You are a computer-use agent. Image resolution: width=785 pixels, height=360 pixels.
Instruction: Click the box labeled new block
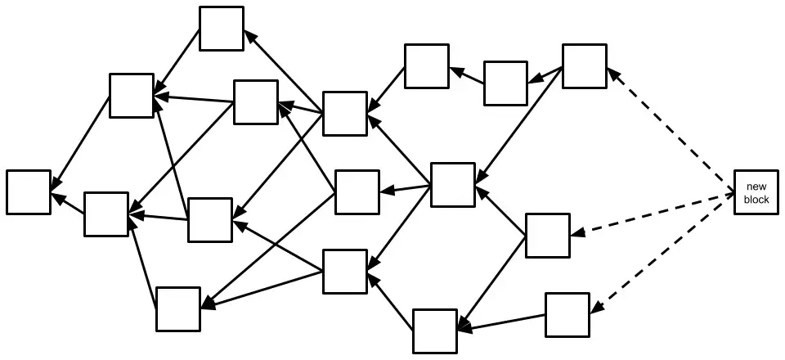(756, 193)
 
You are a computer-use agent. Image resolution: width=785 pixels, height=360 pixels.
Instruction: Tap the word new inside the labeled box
(756, 187)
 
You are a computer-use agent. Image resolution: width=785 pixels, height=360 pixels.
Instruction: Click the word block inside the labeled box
(756, 200)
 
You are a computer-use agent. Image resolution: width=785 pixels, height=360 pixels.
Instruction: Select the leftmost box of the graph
(29, 192)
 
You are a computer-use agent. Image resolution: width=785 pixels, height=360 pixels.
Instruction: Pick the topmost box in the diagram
(222, 29)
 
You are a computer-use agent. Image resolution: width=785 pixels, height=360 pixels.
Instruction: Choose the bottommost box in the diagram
(434, 331)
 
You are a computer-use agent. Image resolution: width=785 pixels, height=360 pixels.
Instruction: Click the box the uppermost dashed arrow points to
(585, 66)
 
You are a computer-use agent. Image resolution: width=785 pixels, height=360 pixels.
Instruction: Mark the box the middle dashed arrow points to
(547, 235)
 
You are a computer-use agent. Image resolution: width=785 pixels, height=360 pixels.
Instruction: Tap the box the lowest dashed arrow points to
(567, 314)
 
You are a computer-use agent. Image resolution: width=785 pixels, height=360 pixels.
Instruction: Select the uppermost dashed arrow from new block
(671, 131)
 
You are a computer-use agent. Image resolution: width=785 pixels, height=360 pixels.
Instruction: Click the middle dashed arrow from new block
(654, 214)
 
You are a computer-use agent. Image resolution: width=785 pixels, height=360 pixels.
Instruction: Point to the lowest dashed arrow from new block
(662, 254)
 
